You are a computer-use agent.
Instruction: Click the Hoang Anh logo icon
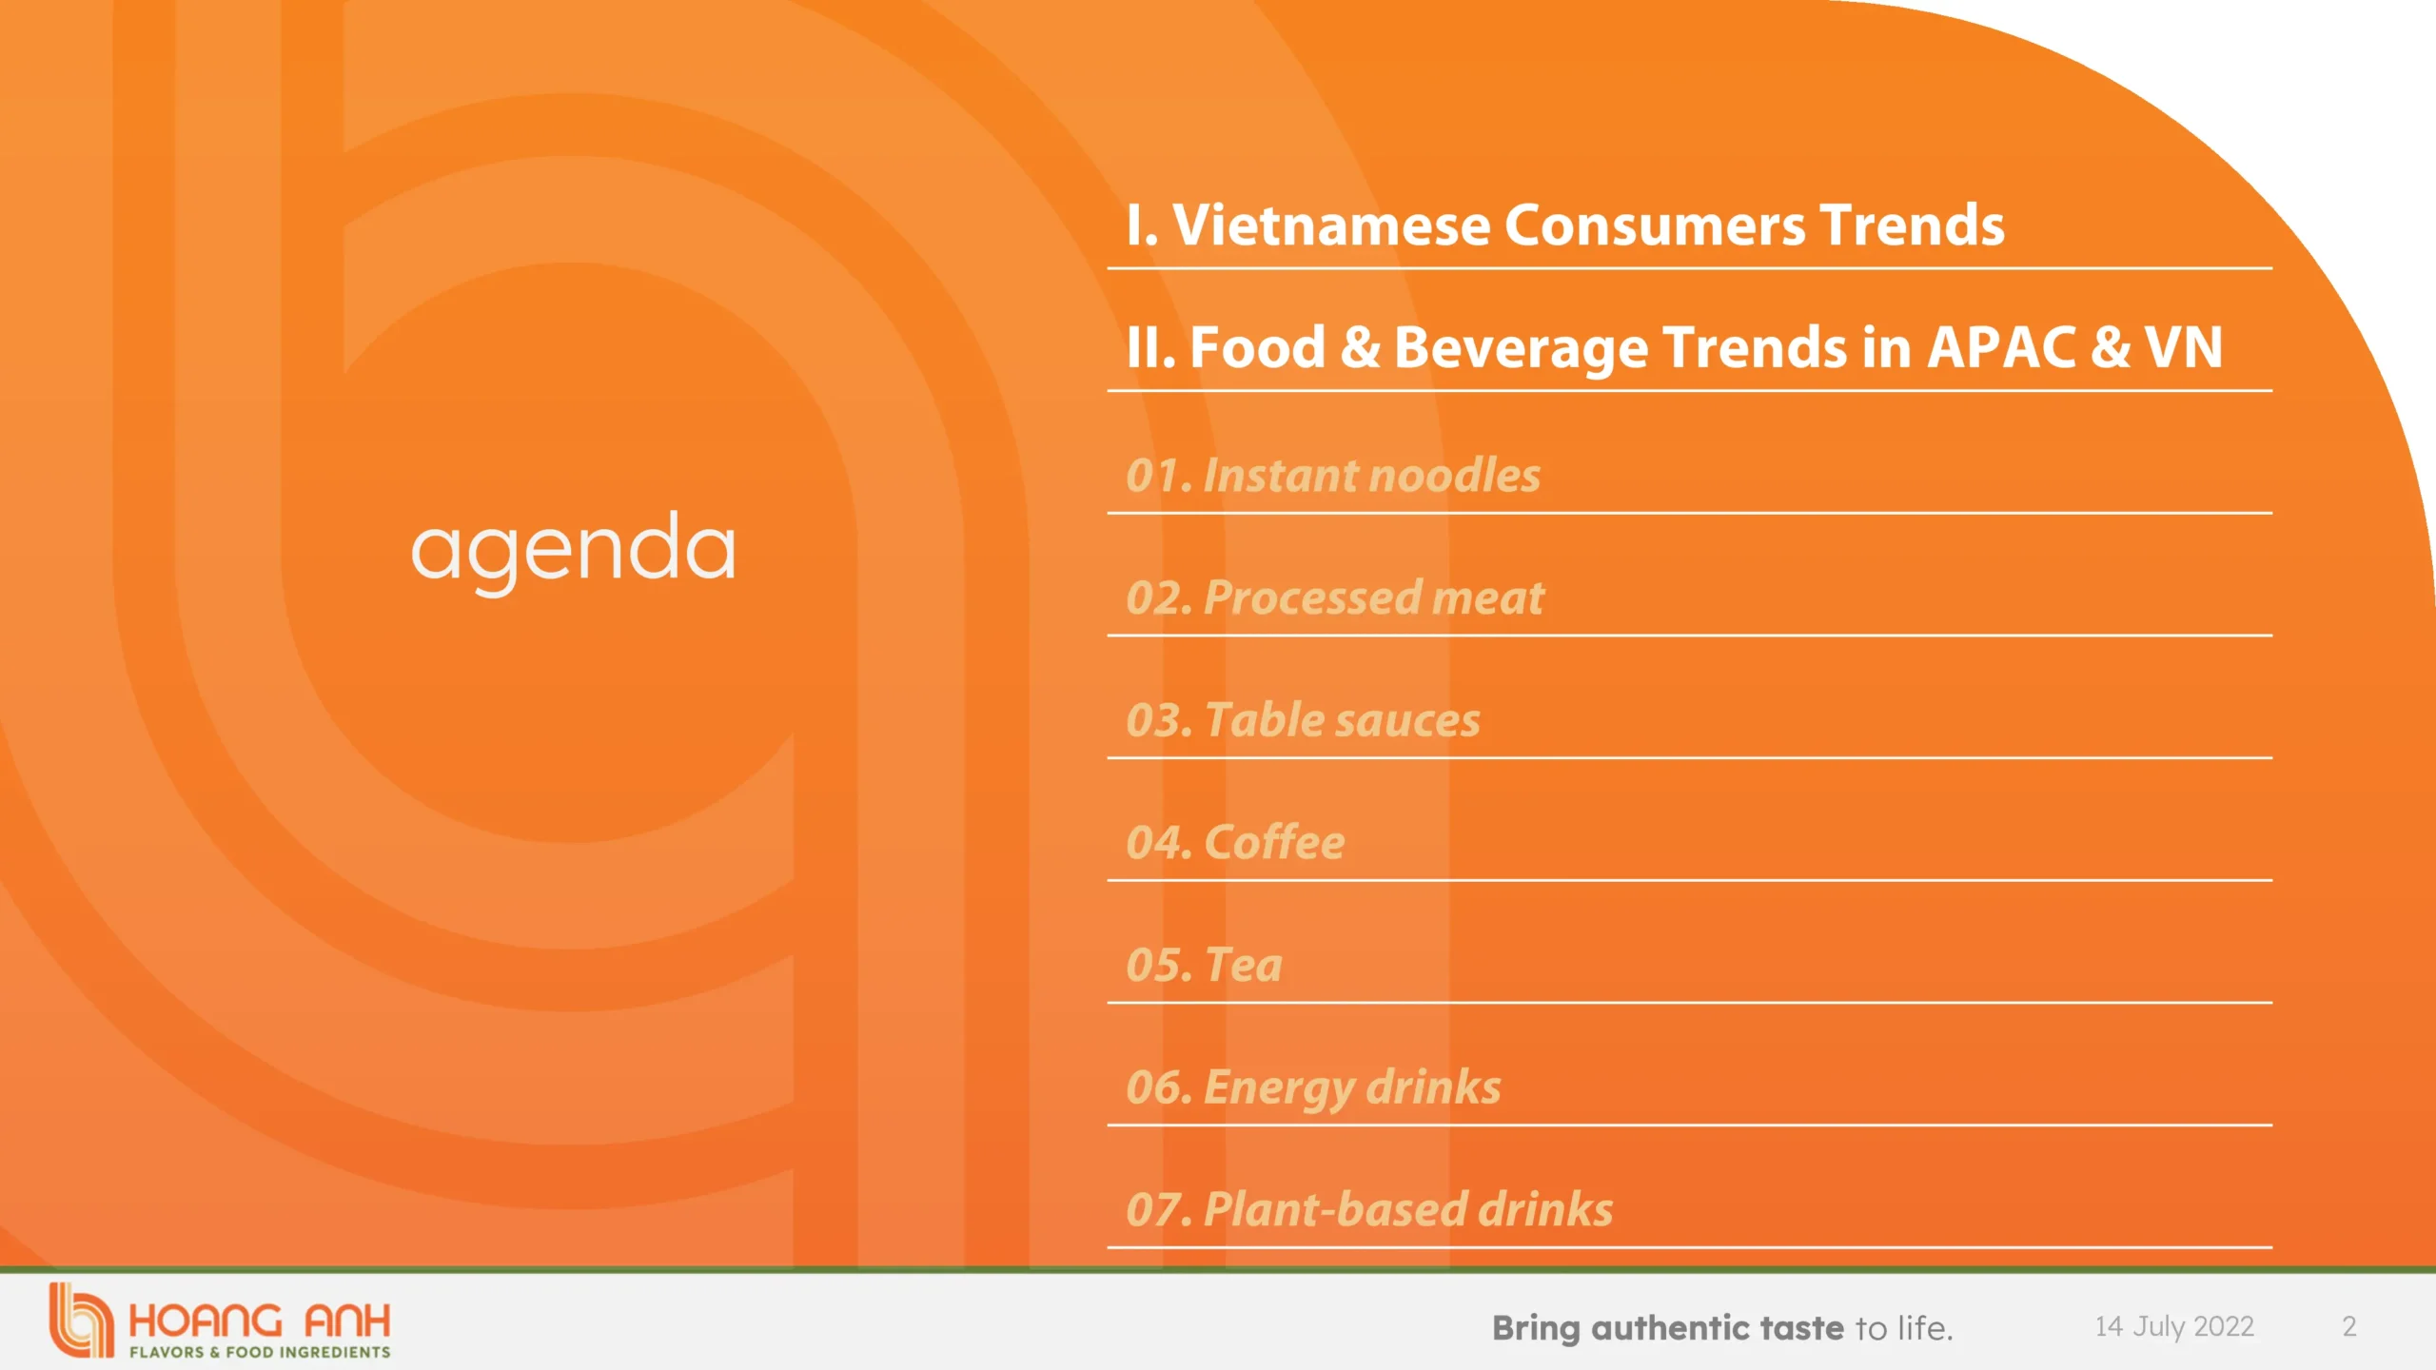click(x=81, y=1321)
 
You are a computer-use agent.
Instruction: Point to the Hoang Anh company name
click(x=260, y=1321)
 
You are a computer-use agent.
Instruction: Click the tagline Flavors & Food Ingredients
click(x=260, y=1352)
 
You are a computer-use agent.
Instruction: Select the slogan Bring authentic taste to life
click(x=1722, y=1327)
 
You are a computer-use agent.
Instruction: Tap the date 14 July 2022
click(x=2174, y=1326)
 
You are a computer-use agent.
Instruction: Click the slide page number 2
click(x=2349, y=1326)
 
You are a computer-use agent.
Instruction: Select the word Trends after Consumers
click(x=1913, y=225)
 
